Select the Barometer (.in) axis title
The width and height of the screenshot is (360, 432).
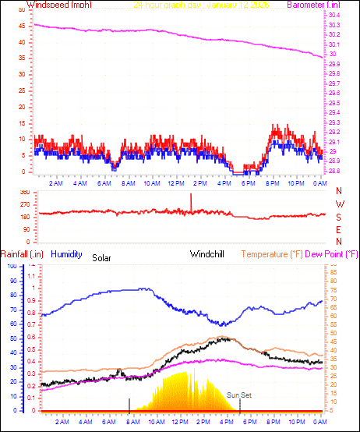[x=314, y=5]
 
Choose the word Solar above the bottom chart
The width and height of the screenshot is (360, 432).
[x=102, y=257]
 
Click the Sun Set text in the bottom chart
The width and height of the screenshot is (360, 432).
[x=239, y=395]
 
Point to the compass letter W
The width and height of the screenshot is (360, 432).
[x=338, y=204]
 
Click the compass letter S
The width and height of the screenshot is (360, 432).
[x=338, y=217]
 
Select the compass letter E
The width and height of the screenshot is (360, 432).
[x=338, y=229]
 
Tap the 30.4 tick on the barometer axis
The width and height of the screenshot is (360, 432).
[x=334, y=16]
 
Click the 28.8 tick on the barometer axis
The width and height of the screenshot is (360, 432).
[x=334, y=171]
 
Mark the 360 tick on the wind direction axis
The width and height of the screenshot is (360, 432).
[x=24, y=192]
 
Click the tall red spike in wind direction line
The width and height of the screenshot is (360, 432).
[x=191, y=200]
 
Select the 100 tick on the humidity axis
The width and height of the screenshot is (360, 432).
[x=11, y=266]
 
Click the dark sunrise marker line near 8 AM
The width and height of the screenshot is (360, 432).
[x=129, y=404]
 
